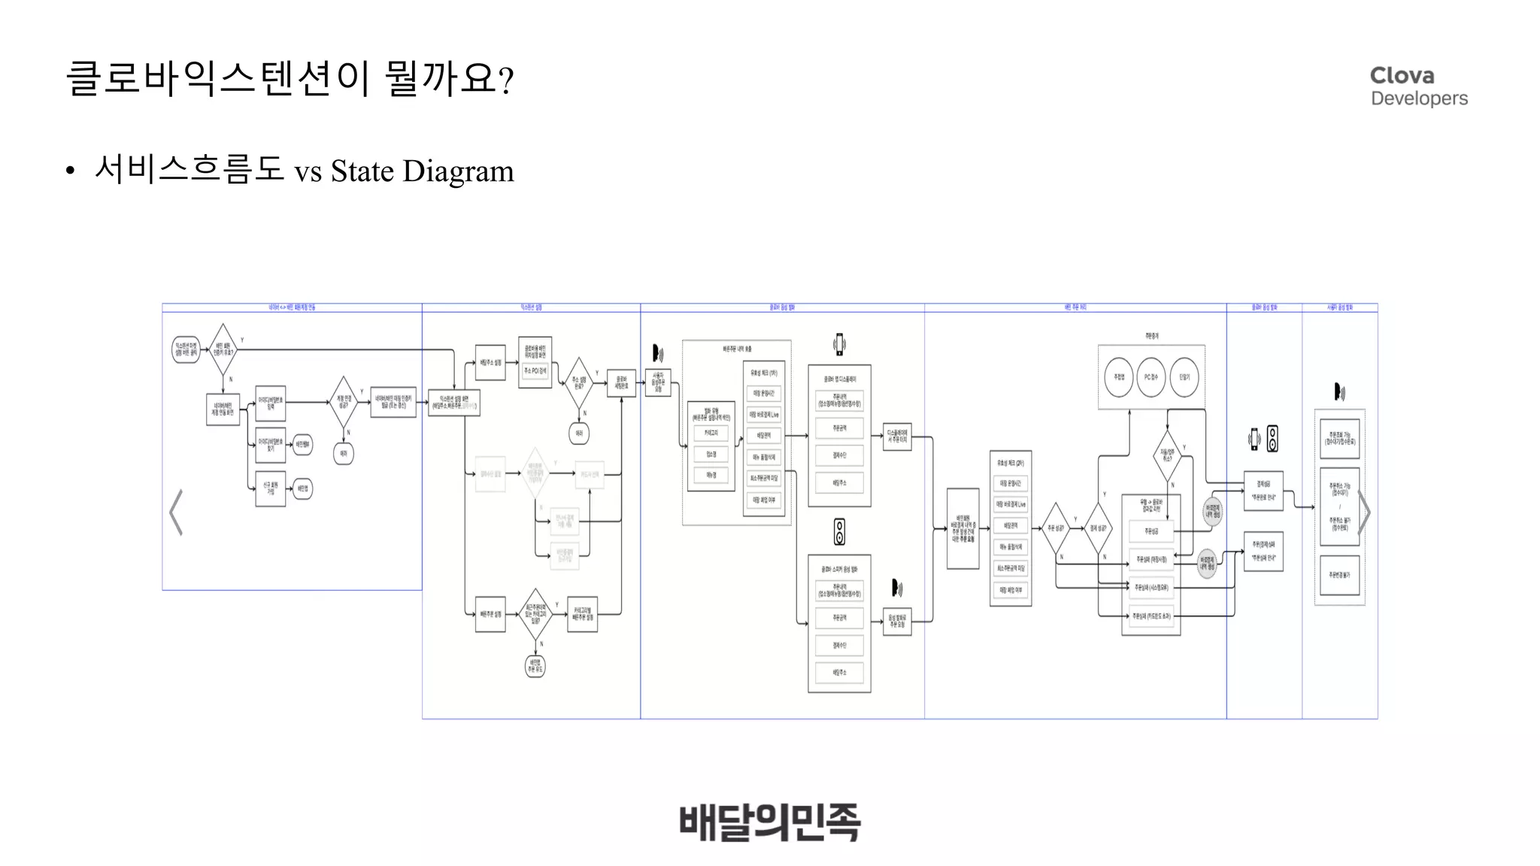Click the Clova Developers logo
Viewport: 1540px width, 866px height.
click(1418, 86)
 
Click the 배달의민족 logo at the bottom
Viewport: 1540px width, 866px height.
click(769, 822)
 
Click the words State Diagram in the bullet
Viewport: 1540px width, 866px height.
click(422, 171)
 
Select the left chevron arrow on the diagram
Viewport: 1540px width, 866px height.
click(176, 513)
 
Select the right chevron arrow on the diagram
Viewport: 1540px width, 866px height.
click(1364, 513)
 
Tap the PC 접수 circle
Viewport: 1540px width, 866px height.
click(1151, 377)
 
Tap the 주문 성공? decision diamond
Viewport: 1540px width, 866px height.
click(1056, 528)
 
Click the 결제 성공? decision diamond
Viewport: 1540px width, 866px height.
click(1098, 528)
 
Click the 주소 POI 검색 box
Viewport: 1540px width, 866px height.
click(535, 371)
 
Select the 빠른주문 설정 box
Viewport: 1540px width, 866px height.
click(490, 614)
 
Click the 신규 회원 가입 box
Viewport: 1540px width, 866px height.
click(271, 488)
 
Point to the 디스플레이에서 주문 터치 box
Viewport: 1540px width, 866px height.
click(897, 436)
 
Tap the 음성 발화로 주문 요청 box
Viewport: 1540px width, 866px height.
click(897, 622)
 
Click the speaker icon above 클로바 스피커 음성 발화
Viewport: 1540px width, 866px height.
click(839, 531)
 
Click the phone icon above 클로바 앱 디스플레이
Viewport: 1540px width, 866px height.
click(839, 344)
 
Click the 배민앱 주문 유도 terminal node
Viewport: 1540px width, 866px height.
click(535, 666)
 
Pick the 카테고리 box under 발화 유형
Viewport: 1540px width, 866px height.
click(711, 433)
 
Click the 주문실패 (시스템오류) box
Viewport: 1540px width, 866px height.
click(1151, 588)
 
